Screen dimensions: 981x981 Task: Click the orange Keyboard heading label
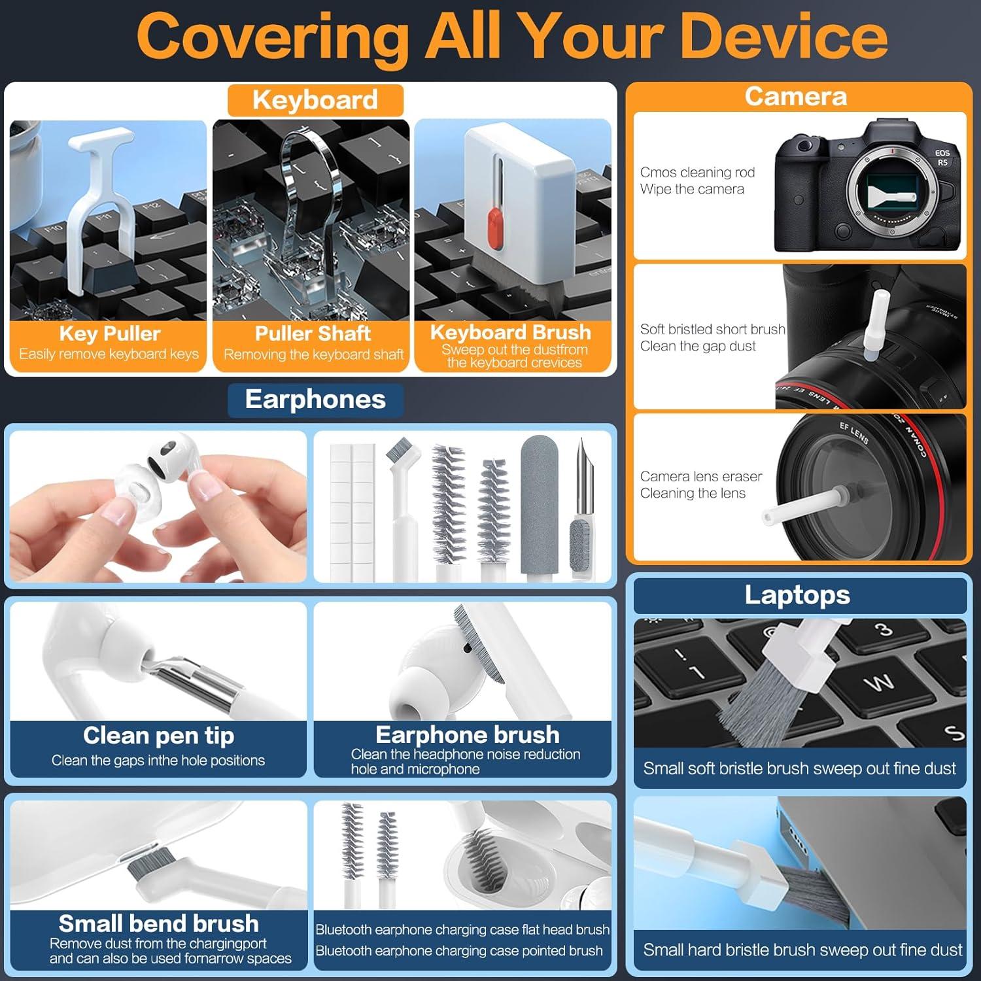click(x=315, y=100)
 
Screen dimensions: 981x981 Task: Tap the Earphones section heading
click(x=315, y=400)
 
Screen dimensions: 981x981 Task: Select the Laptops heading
click(x=797, y=595)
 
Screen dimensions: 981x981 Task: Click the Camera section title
click(x=796, y=97)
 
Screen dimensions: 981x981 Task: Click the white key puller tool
click(x=98, y=196)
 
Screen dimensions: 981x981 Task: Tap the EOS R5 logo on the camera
click(x=942, y=158)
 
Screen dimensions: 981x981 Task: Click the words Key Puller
click(x=109, y=334)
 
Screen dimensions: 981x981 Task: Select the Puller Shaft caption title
click(x=313, y=334)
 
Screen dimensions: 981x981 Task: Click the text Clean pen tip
click(x=158, y=736)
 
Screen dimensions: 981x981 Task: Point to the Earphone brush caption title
click(x=467, y=734)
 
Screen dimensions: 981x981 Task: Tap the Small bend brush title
click(x=158, y=923)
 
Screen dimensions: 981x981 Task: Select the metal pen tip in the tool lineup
click(x=580, y=477)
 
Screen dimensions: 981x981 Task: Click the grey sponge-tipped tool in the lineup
click(x=537, y=504)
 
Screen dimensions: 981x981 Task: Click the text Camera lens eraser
click(x=701, y=476)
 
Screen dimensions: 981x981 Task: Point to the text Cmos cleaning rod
click(x=697, y=172)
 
